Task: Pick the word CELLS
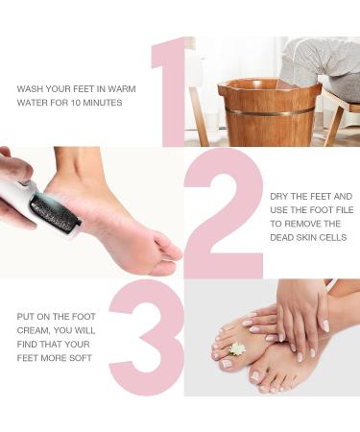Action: [335, 237]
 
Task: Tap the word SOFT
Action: [81, 358]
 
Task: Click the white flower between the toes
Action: [238, 349]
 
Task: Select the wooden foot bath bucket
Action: [270, 111]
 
